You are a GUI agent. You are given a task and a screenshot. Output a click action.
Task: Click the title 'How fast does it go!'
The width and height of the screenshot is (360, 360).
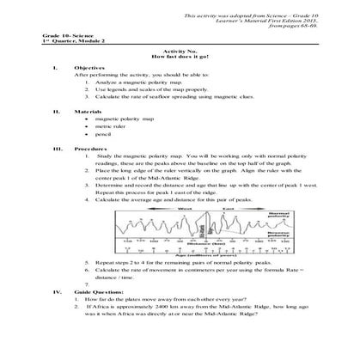click(180, 55)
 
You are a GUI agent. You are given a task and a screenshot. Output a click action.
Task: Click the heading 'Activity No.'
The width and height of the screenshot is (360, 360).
click(180, 49)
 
